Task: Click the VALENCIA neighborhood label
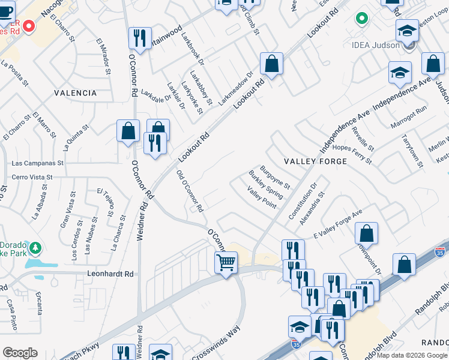tap(75, 93)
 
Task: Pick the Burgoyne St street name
tap(275, 177)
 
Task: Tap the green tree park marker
tap(35, 247)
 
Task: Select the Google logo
tap(20, 353)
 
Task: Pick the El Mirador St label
tap(103, 57)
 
